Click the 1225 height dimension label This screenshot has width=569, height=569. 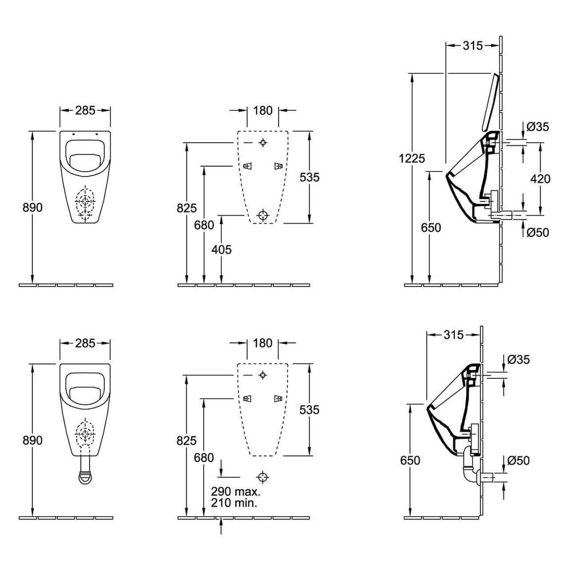coord(412,159)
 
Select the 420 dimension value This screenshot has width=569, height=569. coord(541,179)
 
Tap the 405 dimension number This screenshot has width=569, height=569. coord(221,250)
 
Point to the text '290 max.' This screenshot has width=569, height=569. coord(236,491)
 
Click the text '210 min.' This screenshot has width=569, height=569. coord(234,503)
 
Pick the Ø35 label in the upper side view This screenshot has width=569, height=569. coord(538,127)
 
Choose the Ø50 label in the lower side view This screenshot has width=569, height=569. coord(518,461)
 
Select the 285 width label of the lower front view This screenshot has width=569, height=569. coord(85,343)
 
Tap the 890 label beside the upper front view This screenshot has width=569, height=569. coord(32,208)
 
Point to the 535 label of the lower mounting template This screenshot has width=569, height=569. coord(309,410)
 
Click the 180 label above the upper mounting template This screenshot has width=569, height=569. coord(263,110)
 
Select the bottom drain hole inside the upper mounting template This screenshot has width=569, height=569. coord(263,215)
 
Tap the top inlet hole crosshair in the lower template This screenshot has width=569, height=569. coord(263,375)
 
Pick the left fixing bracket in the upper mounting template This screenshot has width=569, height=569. coord(248,166)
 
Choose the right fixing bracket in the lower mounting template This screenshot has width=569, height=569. coord(278,399)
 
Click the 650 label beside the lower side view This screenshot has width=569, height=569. coord(410,461)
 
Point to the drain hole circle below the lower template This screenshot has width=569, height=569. coord(263,477)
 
